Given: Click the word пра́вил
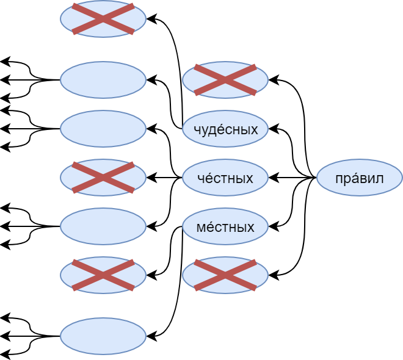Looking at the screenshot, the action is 359,178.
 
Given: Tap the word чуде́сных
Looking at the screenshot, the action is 225,129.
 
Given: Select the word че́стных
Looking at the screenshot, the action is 225,178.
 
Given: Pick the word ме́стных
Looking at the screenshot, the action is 225,227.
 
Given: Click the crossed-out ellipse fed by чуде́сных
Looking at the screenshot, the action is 103,19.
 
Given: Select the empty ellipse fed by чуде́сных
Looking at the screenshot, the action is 103,80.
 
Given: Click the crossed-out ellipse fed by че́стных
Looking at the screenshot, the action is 103,178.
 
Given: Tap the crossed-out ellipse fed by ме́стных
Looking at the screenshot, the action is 103,275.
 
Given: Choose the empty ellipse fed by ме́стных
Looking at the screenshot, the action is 103,336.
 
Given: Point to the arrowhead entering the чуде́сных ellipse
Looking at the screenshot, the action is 274,129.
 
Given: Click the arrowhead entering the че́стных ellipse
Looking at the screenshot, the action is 274,178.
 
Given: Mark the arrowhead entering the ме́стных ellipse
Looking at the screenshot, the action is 274,226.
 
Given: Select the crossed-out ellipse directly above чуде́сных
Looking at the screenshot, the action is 225,80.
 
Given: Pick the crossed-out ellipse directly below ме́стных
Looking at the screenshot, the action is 225,275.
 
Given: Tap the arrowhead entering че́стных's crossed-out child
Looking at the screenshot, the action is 151,178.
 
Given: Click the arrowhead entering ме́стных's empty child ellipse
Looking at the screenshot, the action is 151,336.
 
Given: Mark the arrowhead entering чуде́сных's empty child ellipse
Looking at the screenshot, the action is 151,80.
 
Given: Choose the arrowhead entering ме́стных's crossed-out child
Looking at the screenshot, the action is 151,275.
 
